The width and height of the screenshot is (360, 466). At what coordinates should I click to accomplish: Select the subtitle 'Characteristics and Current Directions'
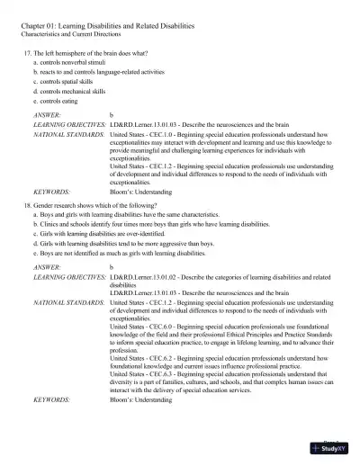pos(76,36)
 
